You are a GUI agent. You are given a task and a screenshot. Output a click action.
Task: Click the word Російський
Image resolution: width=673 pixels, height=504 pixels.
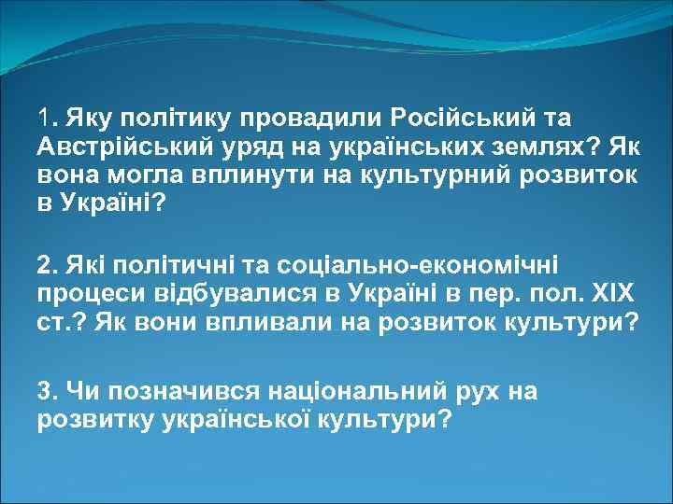click(452, 119)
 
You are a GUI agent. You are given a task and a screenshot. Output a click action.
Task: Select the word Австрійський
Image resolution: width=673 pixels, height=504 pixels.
click(114, 147)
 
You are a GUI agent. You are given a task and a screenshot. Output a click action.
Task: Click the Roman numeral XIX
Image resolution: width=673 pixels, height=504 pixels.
click(610, 295)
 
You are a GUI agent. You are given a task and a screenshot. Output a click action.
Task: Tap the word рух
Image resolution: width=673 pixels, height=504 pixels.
click(485, 391)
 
